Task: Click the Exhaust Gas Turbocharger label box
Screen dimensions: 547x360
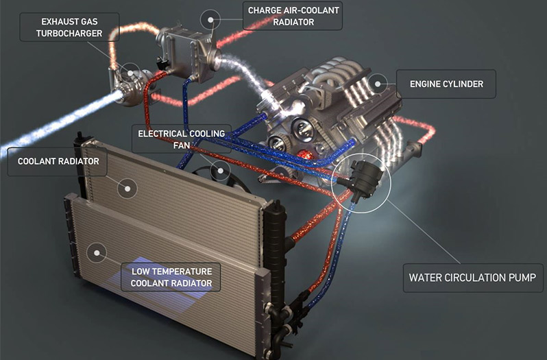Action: coord(69,27)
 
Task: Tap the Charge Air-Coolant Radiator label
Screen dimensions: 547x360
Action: coord(293,16)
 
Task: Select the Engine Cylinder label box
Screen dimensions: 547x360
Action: coord(446,84)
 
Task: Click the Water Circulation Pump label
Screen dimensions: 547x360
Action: coord(473,278)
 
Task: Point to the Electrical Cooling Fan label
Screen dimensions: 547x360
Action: coord(182,139)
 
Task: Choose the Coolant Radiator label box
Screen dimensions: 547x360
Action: coord(57,161)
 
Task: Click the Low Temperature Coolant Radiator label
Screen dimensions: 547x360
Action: coord(171,277)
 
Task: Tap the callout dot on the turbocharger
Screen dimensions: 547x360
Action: coord(130,73)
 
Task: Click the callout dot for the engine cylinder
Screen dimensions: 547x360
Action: coord(378,84)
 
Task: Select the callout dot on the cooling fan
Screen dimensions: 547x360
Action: coord(221,171)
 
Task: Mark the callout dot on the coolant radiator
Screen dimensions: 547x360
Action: coord(127,189)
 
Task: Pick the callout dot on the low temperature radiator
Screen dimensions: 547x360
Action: coord(97,253)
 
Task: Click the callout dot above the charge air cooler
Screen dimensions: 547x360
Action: coord(210,20)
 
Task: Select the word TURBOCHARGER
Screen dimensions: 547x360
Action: coord(69,34)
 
